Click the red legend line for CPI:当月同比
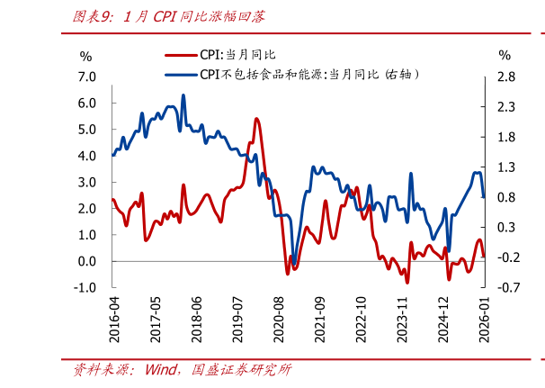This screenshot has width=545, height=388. (x=180, y=56)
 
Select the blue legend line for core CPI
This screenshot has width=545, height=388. (x=180, y=75)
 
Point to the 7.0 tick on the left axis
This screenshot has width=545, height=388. (x=88, y=77)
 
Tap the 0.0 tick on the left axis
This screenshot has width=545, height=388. (x=88, y=262)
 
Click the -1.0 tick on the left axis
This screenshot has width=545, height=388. (x=86, y=288)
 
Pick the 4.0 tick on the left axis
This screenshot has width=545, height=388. (x=88, y=157)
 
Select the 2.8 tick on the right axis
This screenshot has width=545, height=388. (x=506, y=77)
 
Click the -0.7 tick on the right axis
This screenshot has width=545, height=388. (x=505, y=288)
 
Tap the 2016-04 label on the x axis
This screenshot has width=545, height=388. (x=115, y=319)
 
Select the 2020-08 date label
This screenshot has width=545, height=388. (x=279, y=319)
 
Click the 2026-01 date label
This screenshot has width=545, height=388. (x=484, y=319)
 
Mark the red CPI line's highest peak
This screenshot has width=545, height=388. (x=256, y=118)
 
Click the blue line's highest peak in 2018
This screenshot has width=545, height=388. (x=183, y=95)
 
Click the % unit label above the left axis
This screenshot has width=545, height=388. (x=86, y=57)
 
